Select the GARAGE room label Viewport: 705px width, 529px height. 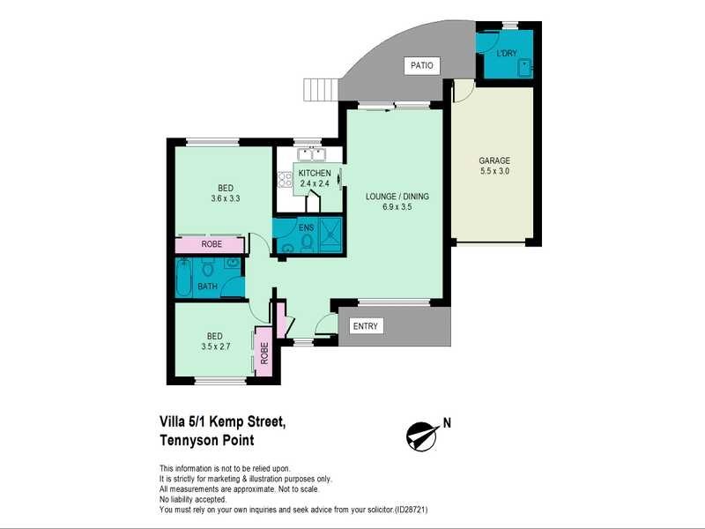pos(494,160)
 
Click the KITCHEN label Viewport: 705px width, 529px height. pos(315,173)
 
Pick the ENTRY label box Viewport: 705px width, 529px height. pos(365,326)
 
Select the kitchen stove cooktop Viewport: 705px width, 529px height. pos(285,179)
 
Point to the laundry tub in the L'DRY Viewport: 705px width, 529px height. pos(524,66)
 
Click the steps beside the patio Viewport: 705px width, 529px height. pos(321,90)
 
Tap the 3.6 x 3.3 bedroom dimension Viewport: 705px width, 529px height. pos(226,198)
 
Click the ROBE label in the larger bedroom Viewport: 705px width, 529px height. pos(211,244)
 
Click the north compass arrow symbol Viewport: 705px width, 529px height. pos(422,435)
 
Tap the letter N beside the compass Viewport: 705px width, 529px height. pos(447,422)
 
